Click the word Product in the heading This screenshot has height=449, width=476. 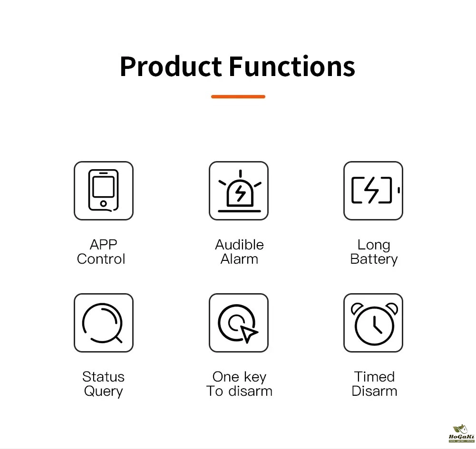(x=171, y=67)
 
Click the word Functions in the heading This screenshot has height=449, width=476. (x=292, y=67)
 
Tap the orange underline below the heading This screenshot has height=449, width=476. (x=238, y=96)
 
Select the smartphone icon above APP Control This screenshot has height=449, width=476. (x=104, y=191)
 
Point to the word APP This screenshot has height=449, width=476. (x=104, y=245)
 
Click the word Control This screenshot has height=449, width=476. (x=101, y=259)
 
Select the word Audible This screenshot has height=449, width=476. (x=239, y=245)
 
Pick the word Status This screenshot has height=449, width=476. (x=104, y=377)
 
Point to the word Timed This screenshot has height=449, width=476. (x=374, y=377)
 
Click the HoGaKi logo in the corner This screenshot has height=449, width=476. (x=461, y=434)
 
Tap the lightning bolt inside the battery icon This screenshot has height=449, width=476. (x=371, y=190)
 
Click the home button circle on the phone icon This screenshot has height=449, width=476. (x=104, y=203)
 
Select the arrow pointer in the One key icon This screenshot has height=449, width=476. (x=248, y=334)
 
